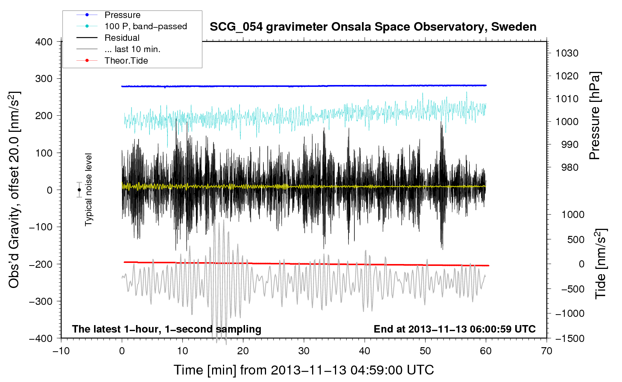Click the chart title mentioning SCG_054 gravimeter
click(373, 27)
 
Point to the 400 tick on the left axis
click(44, 42)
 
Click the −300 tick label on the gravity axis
click(41, 301)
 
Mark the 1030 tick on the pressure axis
click(567, 53)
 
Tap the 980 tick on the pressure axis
click(570, 167)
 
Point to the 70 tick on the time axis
click(546, 351)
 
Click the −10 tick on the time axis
click(61, 351)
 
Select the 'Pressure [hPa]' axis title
click(595, 116)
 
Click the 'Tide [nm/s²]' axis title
click(601, 264)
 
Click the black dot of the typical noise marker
click(79, 190)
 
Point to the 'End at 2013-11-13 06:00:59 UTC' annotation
click(455, 329)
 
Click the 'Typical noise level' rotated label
click(88, 190)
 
